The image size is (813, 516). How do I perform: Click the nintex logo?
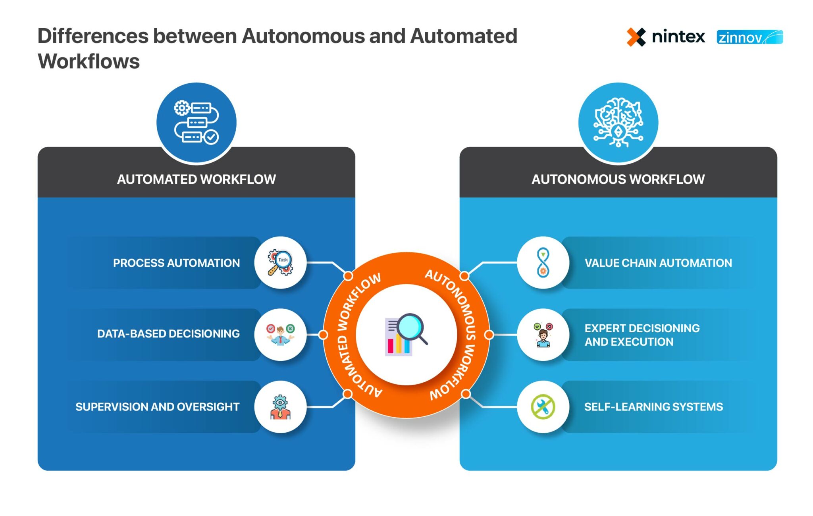coord(666,37)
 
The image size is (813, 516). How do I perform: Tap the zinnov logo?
coord(749,37)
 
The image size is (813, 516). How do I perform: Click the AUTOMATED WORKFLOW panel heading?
coord(196,179)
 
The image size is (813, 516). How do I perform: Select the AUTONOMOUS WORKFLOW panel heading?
coord(618,179)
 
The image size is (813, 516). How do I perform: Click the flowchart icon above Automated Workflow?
coord(196,122)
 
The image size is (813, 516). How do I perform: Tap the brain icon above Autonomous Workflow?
coord(618,122)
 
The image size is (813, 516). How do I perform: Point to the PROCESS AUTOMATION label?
coord(176,263)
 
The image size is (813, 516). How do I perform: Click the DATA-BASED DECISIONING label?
coord(168,333)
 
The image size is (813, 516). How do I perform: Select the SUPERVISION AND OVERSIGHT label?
coord(157,407)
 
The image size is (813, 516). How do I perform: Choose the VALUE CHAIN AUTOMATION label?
coord(658,263)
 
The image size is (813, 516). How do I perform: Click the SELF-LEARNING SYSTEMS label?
coord(653,407)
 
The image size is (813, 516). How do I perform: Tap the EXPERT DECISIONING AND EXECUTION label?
coord(642,335)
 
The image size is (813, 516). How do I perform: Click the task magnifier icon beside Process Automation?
coord(280,262)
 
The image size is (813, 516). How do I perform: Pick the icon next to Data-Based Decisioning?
coord(280,334)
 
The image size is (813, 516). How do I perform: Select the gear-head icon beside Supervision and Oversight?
coord(280,407)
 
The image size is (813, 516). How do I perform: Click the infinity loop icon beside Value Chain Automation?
coord(543,262)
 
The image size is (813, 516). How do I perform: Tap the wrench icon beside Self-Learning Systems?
coord(543,407)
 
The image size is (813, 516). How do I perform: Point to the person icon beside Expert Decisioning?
coord(543,335)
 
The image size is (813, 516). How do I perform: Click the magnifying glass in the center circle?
coord(411,328)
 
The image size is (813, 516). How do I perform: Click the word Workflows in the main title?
coord(89,62)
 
